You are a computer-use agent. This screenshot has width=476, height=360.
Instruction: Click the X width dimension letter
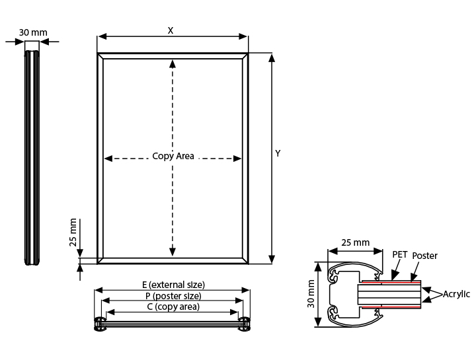click(x=171, y=30)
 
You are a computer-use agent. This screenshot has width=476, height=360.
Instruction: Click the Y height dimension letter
click(x=278, y=153)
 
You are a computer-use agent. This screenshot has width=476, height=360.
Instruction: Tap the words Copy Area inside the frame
click(x=173, y=156)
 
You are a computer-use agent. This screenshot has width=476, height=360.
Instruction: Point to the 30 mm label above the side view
click(x=33, y=32)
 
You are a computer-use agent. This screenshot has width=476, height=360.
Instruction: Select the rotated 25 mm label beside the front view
click(x=73, y=233)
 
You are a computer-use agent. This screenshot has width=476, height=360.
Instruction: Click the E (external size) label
click(x=173, y=285)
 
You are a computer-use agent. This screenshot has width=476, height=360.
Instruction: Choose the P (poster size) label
click(x=173, y=296)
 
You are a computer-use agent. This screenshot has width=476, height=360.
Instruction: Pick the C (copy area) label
click(x=173, y=306)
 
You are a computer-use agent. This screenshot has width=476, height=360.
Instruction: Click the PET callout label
click(x=400, y=254)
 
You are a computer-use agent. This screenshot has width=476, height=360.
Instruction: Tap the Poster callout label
click(x=424, y=256)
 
